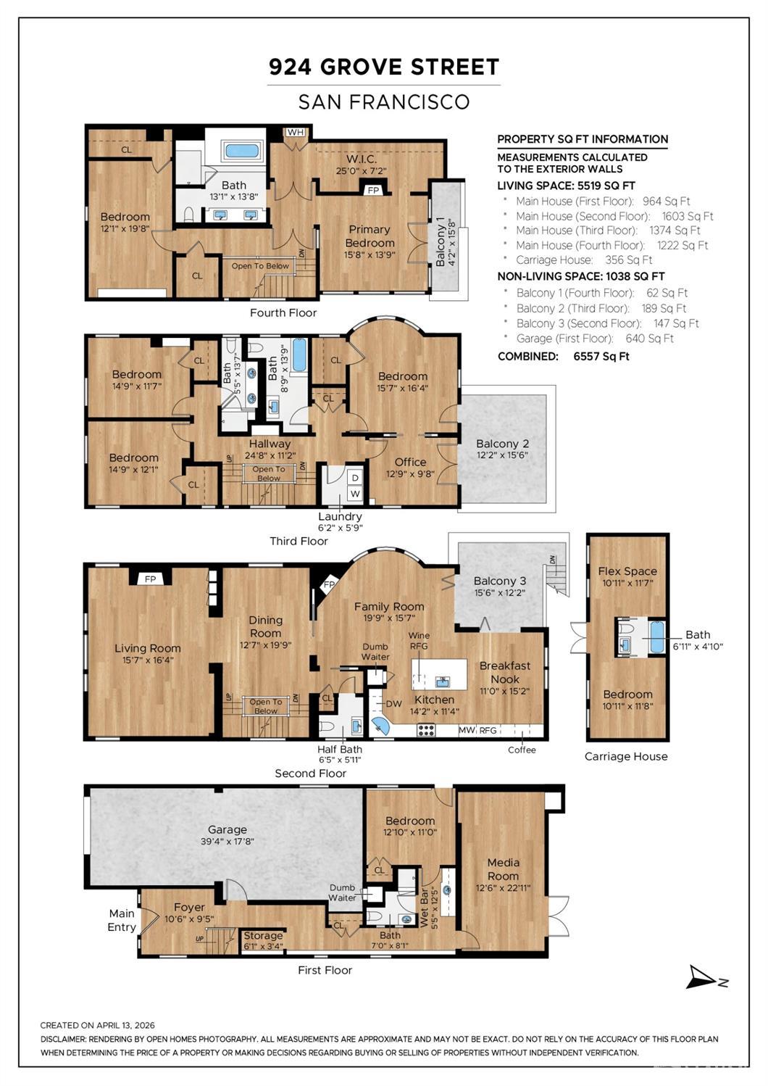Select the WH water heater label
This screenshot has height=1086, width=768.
point(295,133)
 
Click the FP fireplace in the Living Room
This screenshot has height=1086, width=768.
point(150,579)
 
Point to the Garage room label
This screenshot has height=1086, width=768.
point(228,829)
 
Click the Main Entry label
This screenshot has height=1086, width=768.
point(122,920)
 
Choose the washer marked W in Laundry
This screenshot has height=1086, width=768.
point(355,494)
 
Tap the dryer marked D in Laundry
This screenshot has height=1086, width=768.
point(355,478)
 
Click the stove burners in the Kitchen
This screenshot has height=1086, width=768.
point(426,730)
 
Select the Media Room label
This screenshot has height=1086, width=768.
point(504,869)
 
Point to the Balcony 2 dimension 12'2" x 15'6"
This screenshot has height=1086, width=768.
point(502,455)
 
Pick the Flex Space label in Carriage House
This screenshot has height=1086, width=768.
point(627,571)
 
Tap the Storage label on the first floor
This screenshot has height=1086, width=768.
point(263,936)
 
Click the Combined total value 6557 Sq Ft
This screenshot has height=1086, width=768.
point(601,357)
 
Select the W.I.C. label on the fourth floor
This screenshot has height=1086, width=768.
point(361,159)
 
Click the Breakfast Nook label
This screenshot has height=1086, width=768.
point(505,673)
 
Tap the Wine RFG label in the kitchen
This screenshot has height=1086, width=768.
point(419,640)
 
